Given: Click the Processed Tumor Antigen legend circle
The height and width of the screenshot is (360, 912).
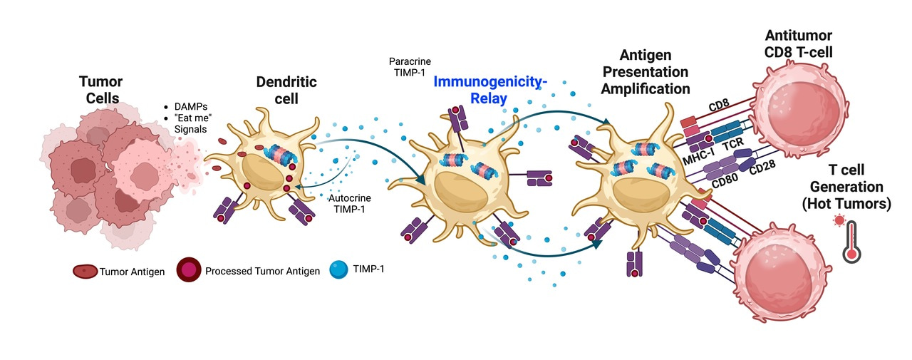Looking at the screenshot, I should coord(187,272).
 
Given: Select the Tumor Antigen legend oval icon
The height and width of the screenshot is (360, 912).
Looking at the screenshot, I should coord(85,272).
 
